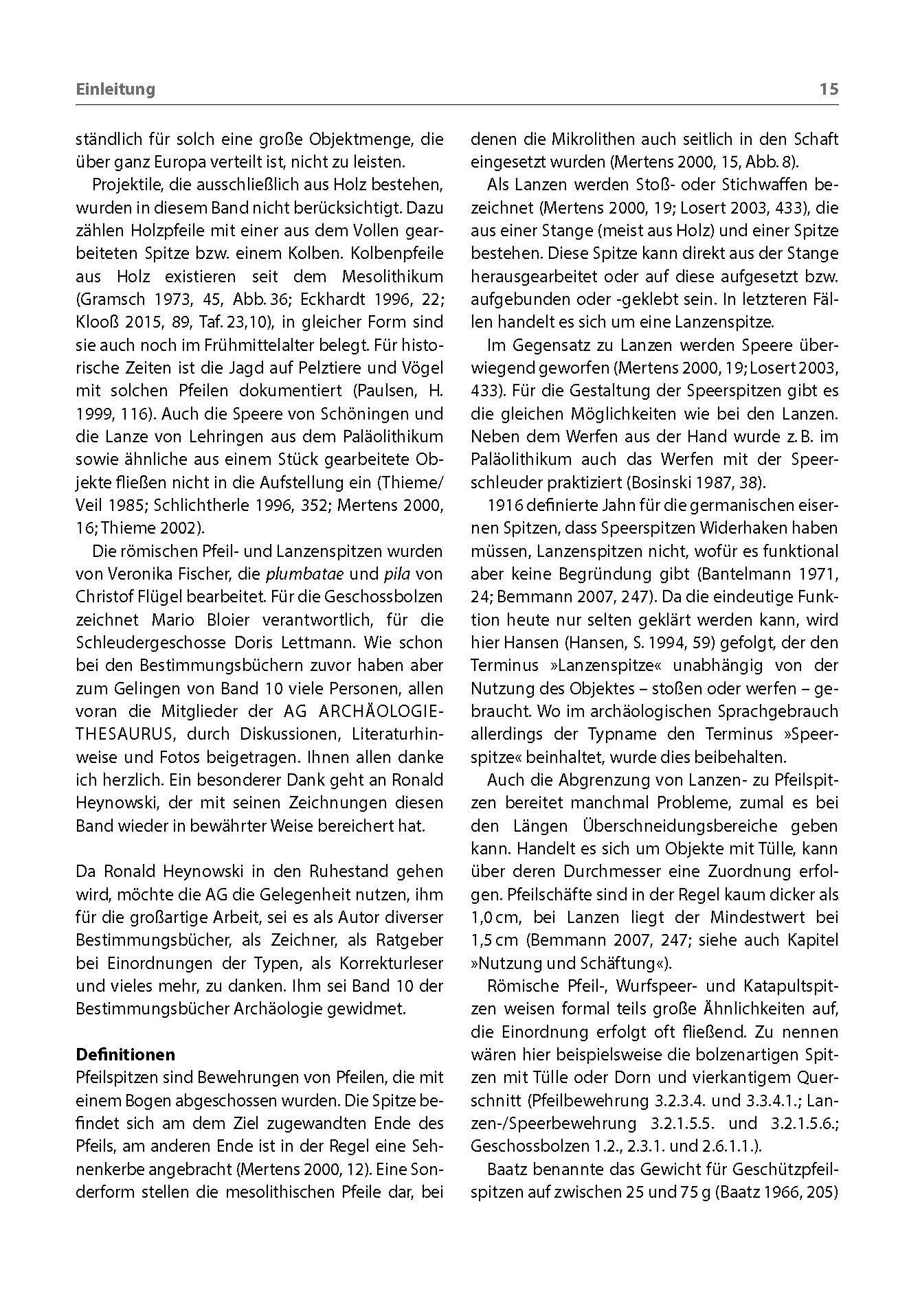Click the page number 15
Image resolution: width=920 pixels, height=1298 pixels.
pos(829,89)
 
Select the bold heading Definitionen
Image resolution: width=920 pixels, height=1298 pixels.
pos(125,1054)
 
